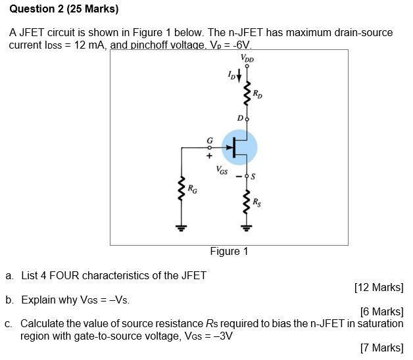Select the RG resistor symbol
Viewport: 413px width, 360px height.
(180, 189)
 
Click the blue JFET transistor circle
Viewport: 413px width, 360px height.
(239, 148)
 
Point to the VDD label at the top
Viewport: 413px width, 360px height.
(247, 58)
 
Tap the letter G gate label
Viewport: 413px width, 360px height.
(210, 141)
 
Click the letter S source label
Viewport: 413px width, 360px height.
(255, 176)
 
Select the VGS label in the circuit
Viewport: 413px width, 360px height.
(222, 169)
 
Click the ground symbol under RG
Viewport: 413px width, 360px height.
(180, 228)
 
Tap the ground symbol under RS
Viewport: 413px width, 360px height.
(247, 228)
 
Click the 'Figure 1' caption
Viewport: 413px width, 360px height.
(229, 251)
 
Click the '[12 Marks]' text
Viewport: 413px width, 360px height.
(378, 287)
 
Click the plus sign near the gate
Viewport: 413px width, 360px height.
(209, 156)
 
